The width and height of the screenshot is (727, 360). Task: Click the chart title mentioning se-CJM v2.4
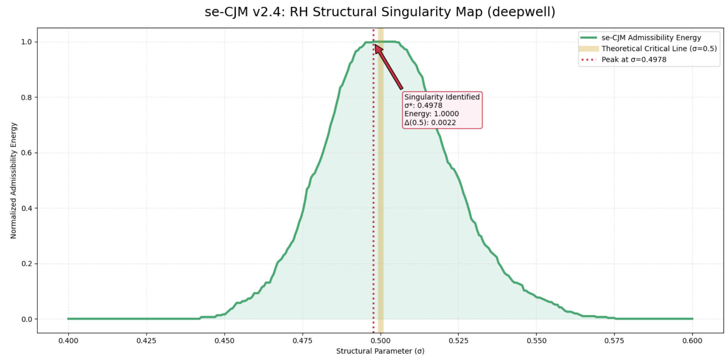tap(380, 12)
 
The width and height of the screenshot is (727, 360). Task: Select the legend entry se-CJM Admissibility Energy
tap(651, 38)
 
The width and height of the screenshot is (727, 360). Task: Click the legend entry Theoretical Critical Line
tap(659, 48)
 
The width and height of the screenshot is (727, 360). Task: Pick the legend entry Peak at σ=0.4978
tap(634, 59)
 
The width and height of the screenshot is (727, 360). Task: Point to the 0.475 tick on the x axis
tap(302, 341)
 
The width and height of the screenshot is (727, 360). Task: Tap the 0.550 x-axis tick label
tap(536, 341)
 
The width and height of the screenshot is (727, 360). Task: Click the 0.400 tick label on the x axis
tap(69, 341)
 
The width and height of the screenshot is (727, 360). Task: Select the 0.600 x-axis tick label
tap(692, 341)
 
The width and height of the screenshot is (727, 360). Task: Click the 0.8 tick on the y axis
tap(27, 98)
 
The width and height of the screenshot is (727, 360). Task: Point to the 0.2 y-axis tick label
tap(27, 264)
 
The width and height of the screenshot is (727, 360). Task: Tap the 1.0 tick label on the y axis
tap(27, 42)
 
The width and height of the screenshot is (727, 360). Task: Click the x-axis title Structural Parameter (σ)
tap(380, 351)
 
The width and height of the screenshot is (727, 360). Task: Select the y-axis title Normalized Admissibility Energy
tap(14, 181)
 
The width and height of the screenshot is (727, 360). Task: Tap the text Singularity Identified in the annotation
tap(442, 97)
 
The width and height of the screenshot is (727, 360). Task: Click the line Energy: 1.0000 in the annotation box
tap(431, 114)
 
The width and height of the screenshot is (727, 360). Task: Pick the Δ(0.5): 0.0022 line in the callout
tap(430, 122)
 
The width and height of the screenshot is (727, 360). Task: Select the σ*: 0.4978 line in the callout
tap(423, 106)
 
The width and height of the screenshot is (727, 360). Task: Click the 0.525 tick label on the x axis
tap(458, 341)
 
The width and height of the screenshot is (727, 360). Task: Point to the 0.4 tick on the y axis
tap(27, 208)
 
